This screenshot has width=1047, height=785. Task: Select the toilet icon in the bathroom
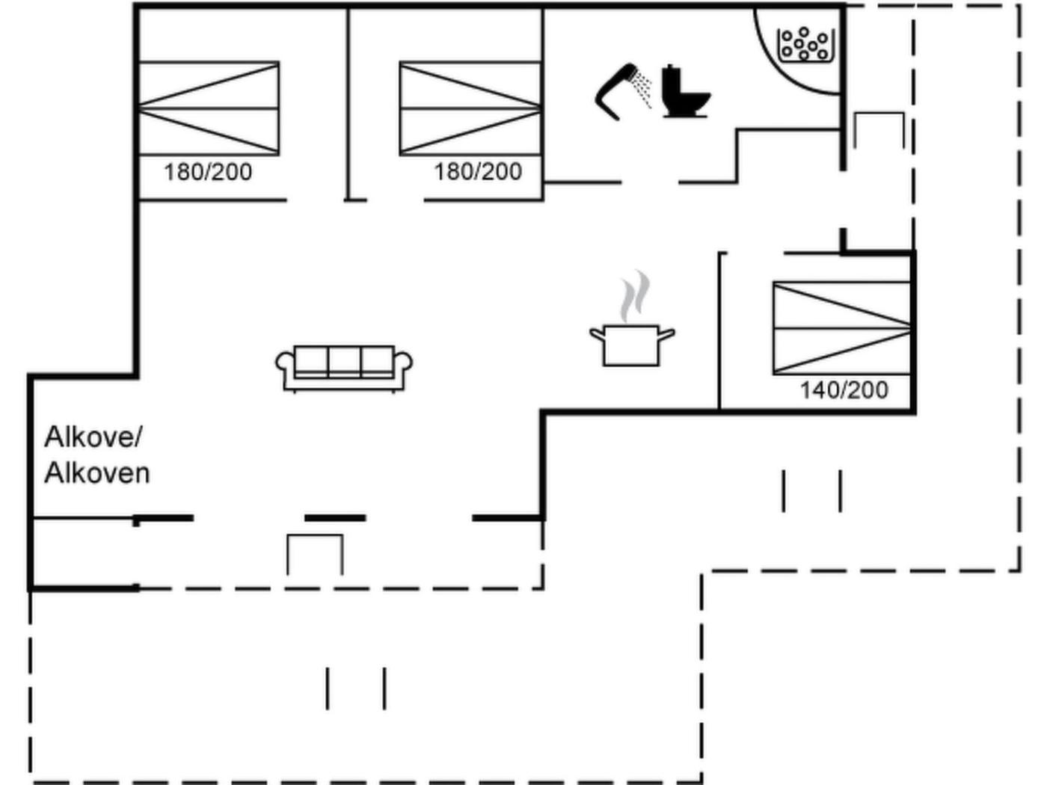pyautogui.click(x=684, y=92)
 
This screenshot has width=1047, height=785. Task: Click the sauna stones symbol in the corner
pyautogui.click(x=805, y=44)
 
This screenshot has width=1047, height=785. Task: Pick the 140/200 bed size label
pyautogui.click(x=844, y=390)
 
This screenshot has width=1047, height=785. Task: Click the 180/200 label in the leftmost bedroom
pyautogui.click(x=208, y=172)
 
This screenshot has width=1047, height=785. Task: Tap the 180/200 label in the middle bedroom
pyautogui.click(x=478, y=172)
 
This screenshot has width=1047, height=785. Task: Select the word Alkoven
pyautogui.click(x=97, y=472)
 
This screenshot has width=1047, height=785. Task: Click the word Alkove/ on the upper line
pyautogui.click(x=93, y=437)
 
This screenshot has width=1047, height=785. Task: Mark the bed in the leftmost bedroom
pyautogui.click(x=209, y=108)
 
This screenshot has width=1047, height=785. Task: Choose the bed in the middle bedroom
pyautogui.click(x=470, y=108)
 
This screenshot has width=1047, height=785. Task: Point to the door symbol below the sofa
pyautogui.click(x=315, y=553)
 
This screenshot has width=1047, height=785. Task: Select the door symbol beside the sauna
pyautogui.click(x=879, y=131)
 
